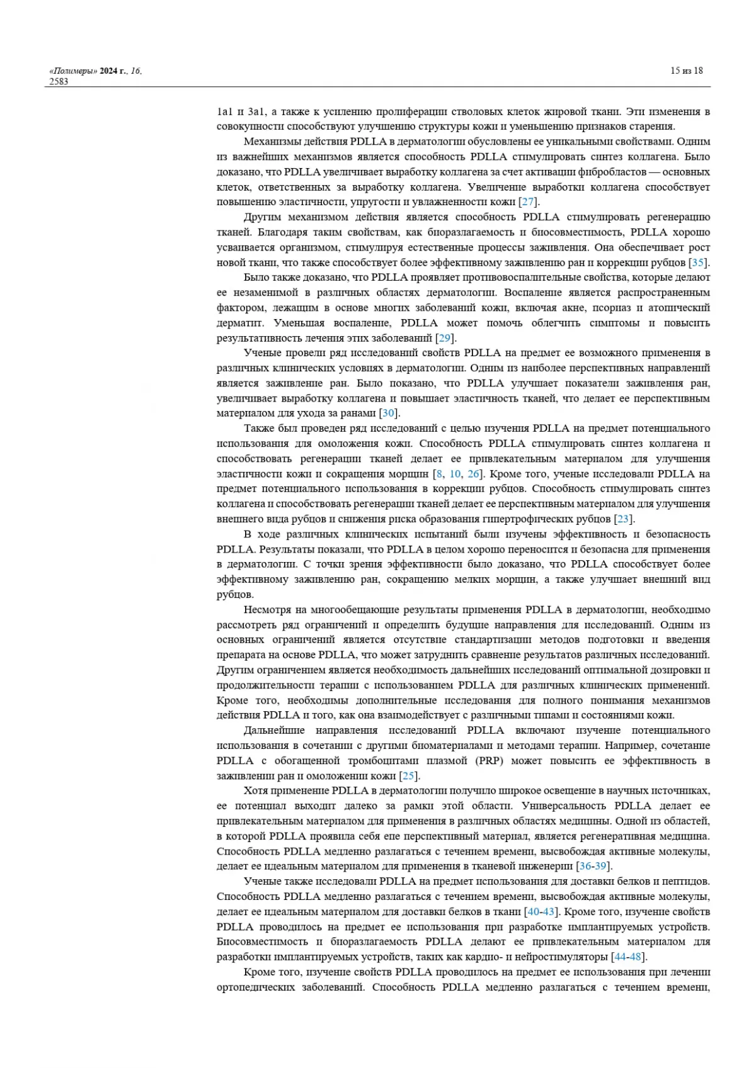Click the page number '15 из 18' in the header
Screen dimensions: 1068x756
[x=686, y=70]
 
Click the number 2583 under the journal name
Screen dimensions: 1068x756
[x=59, y=81]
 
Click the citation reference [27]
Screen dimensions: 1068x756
[x=528, y=202]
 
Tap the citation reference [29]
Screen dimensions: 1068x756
[x=445, y=338]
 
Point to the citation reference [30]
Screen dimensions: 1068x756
[x=389, y=413]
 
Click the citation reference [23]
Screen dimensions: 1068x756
[x=623, y=519]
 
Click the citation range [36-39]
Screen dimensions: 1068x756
[x=593, y=867]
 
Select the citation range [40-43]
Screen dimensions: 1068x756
[x=541, y=912]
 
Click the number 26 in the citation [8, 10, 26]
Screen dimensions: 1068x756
[x=473, y=474]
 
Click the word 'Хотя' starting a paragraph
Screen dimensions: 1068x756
[x=255, y=791]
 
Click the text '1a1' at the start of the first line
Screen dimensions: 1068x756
[x=224, y=111]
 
